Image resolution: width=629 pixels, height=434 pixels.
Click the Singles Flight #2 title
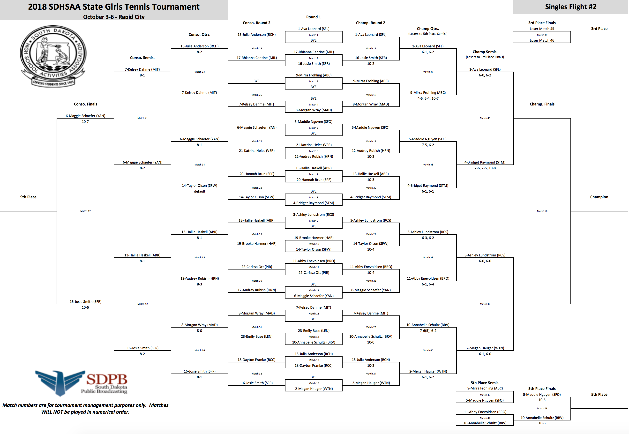tap(570, 7)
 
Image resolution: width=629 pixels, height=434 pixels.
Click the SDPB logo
tap(82, 383)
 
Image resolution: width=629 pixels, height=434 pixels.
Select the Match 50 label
tap(542, 211)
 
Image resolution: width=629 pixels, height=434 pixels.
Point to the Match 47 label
tap(85, 211)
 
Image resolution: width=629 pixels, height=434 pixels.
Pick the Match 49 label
tap(542, 35)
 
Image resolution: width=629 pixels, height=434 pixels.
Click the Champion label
tap(599, 197)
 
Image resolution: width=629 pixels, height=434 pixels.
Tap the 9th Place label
tap(28, 197)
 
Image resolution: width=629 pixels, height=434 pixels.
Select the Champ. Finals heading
tap(542, 104)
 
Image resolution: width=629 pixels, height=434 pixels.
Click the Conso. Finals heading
tap(85, 104)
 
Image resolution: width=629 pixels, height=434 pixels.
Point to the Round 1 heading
tap(314, 17)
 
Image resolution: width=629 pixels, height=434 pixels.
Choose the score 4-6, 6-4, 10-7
tap(428, 98)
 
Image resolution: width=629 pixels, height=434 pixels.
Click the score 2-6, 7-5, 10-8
tap(485, 168)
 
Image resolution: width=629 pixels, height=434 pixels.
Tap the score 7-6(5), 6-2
tap(428, 331)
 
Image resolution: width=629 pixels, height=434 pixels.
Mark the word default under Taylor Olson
tap(199, 191)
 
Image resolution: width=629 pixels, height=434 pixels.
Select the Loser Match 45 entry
tap(542, 29)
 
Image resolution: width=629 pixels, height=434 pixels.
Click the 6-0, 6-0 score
tap(485, 261)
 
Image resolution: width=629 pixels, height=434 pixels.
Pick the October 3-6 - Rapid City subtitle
tap(114, 17)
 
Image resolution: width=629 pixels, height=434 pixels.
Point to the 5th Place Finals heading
tap(542, 389)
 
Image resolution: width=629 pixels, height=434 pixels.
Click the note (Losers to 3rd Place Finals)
tap(485, 57)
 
